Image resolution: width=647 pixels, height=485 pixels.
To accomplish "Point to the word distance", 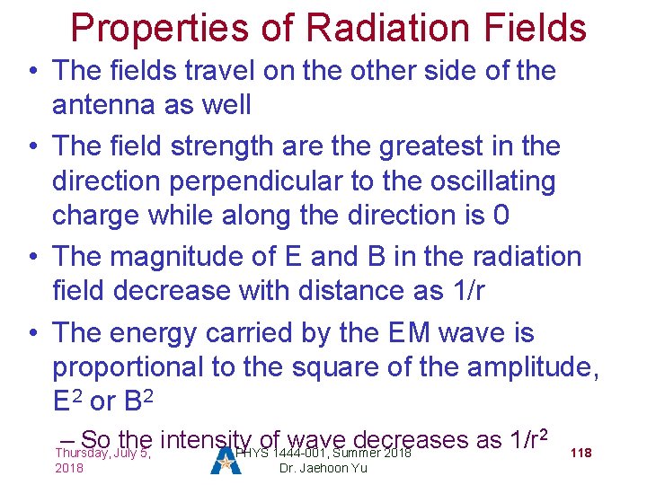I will tap(341, 291).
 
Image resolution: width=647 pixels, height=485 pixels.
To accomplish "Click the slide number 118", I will tap(581, 453).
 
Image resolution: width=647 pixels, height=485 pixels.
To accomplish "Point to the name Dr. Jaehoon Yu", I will tap(323, 468).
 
